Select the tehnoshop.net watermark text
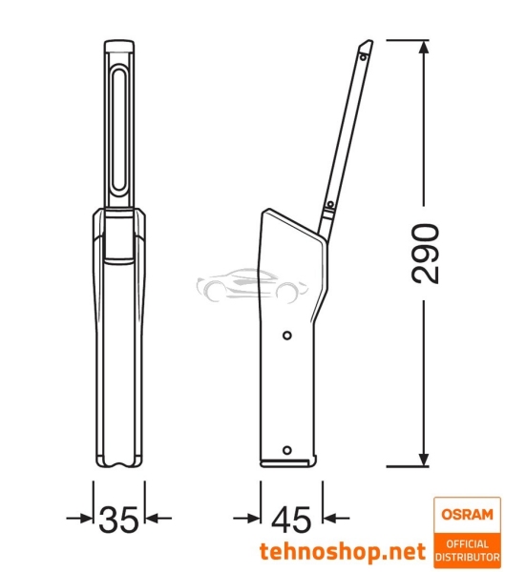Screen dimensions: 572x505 [341, 552]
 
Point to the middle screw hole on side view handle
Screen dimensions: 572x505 [286, 334]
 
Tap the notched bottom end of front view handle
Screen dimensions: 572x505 [118, 463]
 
